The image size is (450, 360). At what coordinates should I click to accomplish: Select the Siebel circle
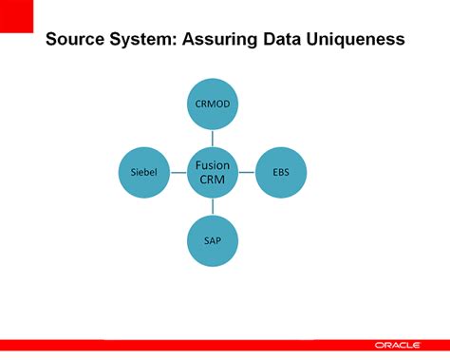143,172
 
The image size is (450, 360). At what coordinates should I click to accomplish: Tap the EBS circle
280,172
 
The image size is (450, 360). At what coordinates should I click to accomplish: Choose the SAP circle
212,241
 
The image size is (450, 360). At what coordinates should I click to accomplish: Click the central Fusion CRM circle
212,172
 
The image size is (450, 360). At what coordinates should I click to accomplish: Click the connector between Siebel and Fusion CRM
178,172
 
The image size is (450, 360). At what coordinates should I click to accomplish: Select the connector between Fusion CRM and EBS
246,172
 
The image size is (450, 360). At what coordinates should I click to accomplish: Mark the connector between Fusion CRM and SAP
212,207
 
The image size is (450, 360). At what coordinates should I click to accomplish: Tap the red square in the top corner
16,16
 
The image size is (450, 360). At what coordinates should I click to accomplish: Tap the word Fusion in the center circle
212,165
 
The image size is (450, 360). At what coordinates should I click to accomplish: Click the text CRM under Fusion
212,180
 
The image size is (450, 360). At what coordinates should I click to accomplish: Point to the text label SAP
212,241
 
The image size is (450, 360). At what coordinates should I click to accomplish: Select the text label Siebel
143,172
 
